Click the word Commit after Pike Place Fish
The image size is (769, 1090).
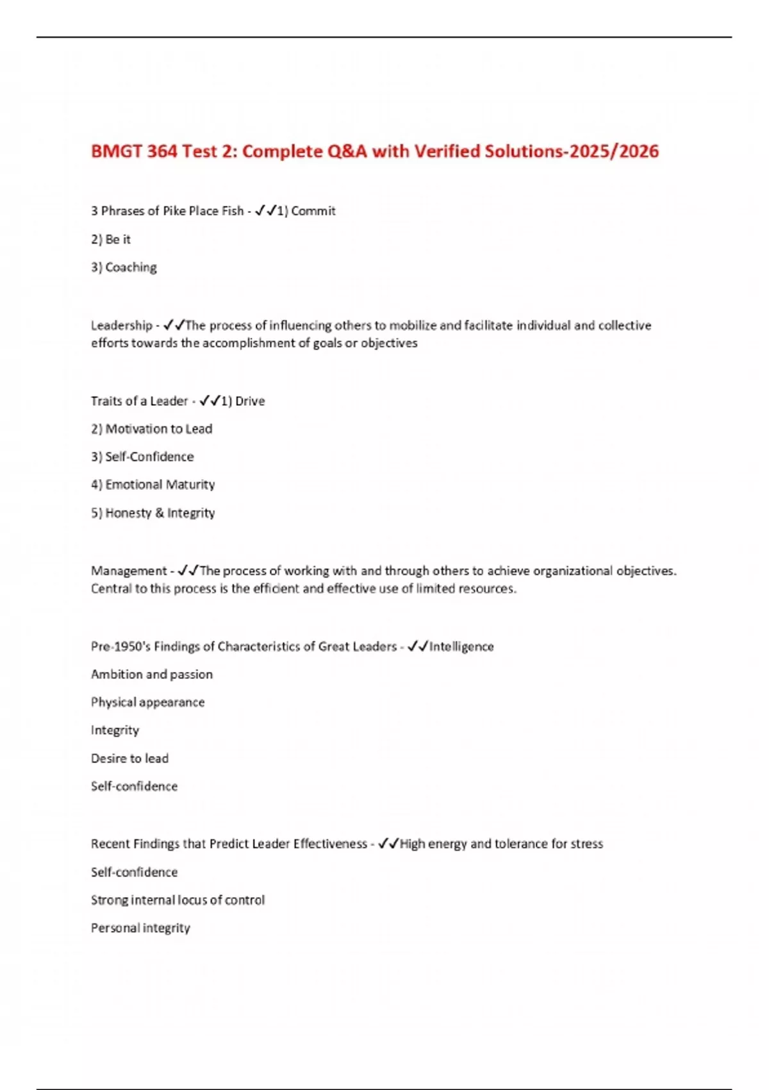313,211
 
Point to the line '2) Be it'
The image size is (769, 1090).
111,239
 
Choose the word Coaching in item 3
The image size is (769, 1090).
131,267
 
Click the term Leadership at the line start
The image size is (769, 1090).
122,326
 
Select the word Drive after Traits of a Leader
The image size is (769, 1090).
250,401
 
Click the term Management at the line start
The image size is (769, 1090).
129,571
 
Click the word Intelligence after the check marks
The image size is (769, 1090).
461,646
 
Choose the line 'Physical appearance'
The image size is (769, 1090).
147,702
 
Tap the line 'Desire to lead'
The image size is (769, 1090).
129,759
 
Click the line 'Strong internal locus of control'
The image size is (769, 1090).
178,900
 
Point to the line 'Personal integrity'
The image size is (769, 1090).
140,928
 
